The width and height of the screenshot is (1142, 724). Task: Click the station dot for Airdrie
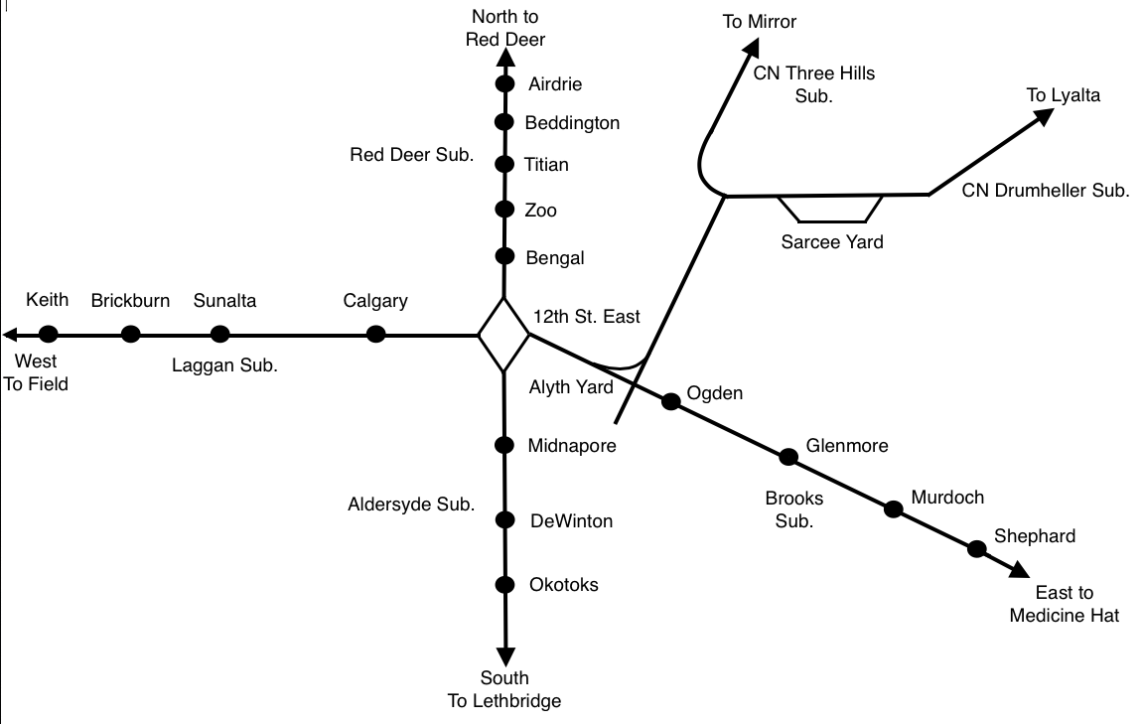tap(503, 84)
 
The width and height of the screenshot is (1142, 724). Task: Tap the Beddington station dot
tap(503, 123)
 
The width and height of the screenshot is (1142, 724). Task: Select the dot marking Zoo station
tap(503, 210)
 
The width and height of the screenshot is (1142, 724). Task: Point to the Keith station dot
tap(49, 334)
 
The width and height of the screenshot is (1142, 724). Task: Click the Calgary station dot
tap(375, 334)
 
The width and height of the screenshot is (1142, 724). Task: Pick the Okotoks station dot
tap(504, 584)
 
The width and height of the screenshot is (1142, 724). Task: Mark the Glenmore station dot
tap(788, 457)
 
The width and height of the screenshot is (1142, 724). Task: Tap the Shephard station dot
tap(977, 547)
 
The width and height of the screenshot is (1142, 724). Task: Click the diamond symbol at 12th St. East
tap(503, 335)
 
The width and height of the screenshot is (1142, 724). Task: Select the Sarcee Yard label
tap(831, 241)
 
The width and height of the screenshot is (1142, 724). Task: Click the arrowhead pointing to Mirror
tap(752, 50)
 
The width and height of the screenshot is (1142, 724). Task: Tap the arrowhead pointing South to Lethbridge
tap(504, 656)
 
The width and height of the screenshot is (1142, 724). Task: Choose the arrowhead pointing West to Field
tap(12, 334)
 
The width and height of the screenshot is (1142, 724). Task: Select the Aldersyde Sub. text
tap(411, 505)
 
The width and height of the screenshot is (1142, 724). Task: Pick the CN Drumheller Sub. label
tap(1046, 191)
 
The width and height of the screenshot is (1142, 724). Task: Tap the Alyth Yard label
tap(571, 387)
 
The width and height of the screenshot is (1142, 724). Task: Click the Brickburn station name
tap(130, 300)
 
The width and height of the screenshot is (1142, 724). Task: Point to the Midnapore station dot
tap(504, 445)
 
